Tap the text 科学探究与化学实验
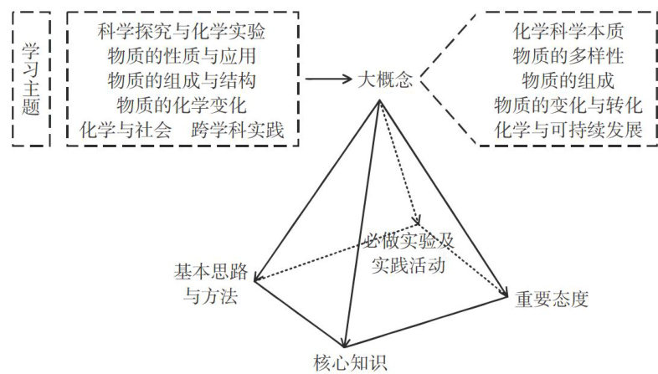pyautogui.click(x=182, y=34)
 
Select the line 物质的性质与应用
pyautogui.click(x=182, y=58)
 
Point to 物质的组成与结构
pyautogui.click(x=182, y=82)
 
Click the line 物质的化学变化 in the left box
pyautogui.click(x=182, y=106)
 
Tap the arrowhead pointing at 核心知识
pyautogui.click(x=343, y=342)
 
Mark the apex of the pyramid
pyautogui.click(x=380, y=101)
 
